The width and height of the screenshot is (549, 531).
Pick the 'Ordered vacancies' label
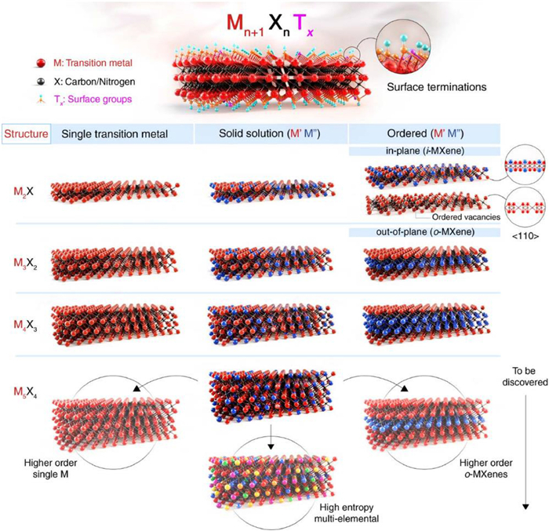pyautogui.click(x=464, y=216)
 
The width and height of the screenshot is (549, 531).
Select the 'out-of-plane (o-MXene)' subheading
pyautogui.click(x=424, y=232)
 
